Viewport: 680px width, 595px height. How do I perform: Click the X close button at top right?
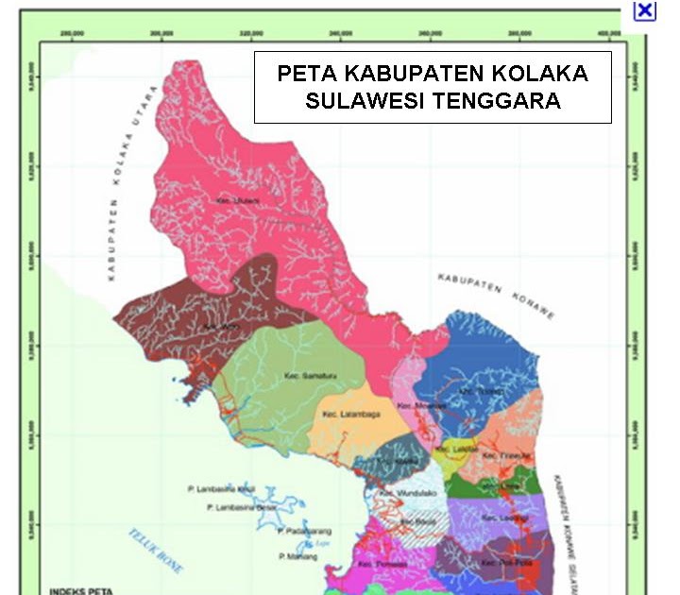(x=644, y=10)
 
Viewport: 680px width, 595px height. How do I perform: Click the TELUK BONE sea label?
(x=158, y=551)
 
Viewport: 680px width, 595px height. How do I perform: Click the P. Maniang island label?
(x=297, y=557)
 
